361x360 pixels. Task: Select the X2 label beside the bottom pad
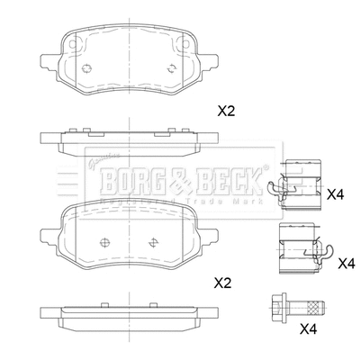click(x=221, y=283)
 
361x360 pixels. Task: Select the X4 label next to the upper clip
click(x=335, y=193)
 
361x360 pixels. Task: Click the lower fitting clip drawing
click(x=299, y=251)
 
